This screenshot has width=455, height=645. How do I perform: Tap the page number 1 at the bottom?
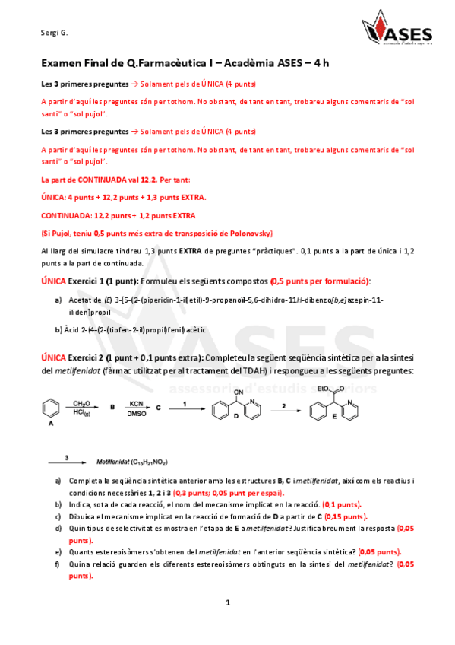[227, 602]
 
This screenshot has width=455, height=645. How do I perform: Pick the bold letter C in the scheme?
[159, 408]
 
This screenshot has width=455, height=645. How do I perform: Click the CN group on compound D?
[239, 393]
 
